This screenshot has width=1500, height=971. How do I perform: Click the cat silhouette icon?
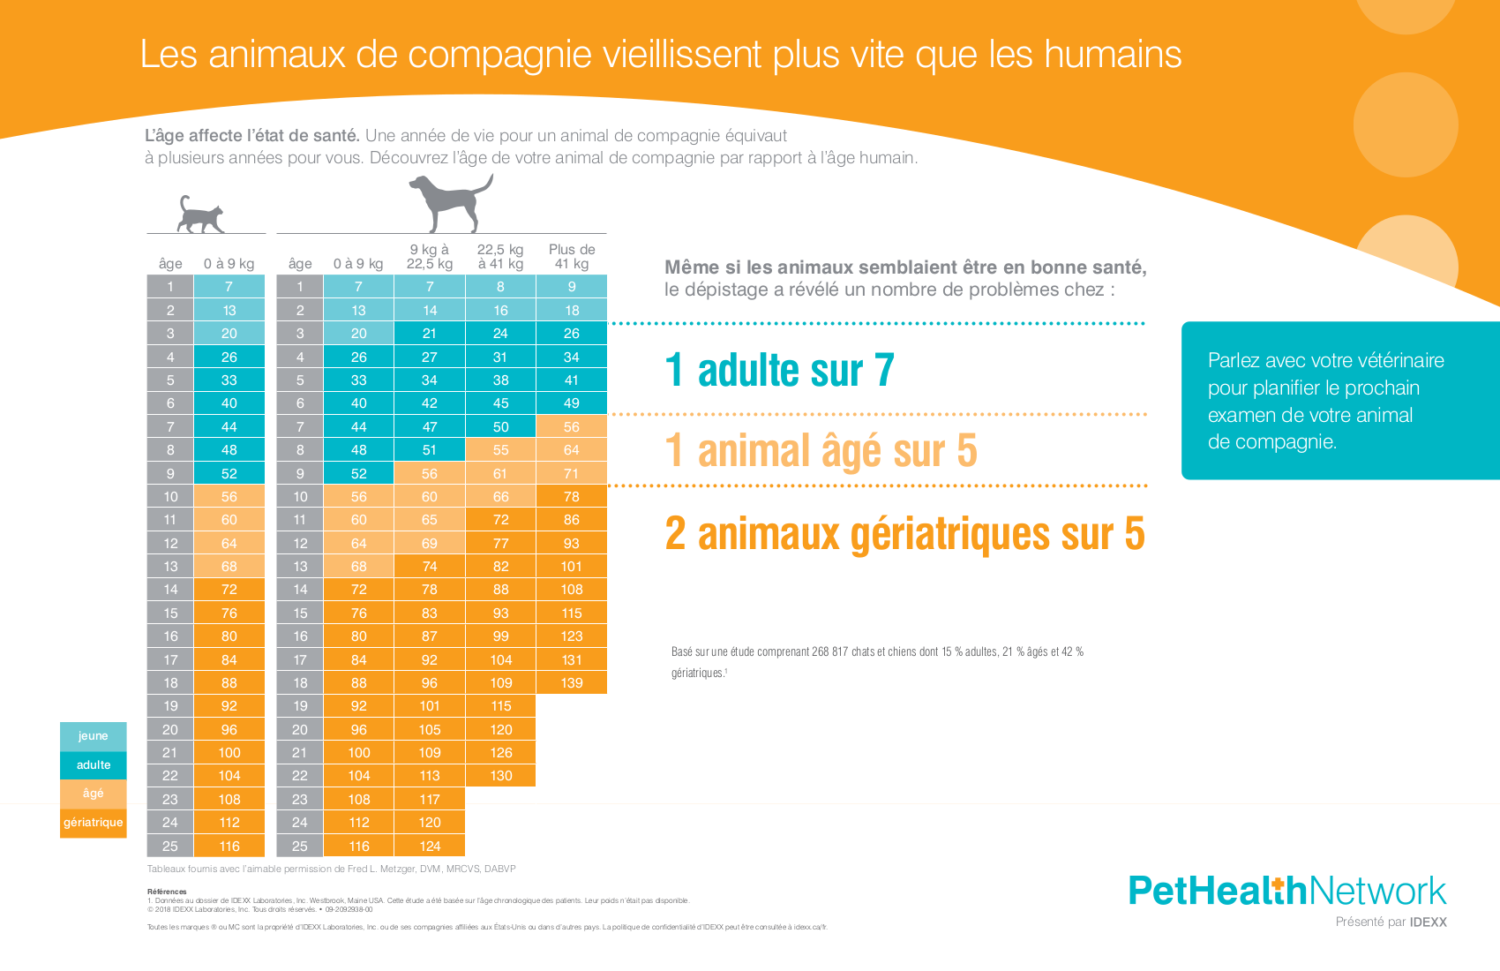[200, 215]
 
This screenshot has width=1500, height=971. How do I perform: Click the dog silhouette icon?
[449, 202]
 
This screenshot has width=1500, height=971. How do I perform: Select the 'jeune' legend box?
[94, 736]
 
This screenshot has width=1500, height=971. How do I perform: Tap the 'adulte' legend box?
[94, 765]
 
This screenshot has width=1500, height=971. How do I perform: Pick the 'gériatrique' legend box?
[94, 823]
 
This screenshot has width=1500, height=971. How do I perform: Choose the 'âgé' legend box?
[94, 794]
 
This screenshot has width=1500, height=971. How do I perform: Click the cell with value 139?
[572, 682]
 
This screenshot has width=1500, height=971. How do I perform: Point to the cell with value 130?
[500, 776]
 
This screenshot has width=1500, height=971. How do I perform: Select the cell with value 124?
[430, 846]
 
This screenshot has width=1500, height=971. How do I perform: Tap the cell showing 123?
[572, 636]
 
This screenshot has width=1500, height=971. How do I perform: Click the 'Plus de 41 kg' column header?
[572, 256]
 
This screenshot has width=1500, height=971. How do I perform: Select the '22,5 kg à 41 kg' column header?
[500, 256]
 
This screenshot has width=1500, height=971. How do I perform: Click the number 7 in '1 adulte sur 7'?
[884, 371]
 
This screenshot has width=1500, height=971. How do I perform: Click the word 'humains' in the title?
[1113, 55]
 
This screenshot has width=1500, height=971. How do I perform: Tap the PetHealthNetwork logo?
[1287, 891]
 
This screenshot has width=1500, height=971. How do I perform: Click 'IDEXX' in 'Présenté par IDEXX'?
[1428, 922]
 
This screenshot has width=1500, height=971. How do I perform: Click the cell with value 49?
[572, 403]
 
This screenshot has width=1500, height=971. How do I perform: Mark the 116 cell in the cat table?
[229, 846]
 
